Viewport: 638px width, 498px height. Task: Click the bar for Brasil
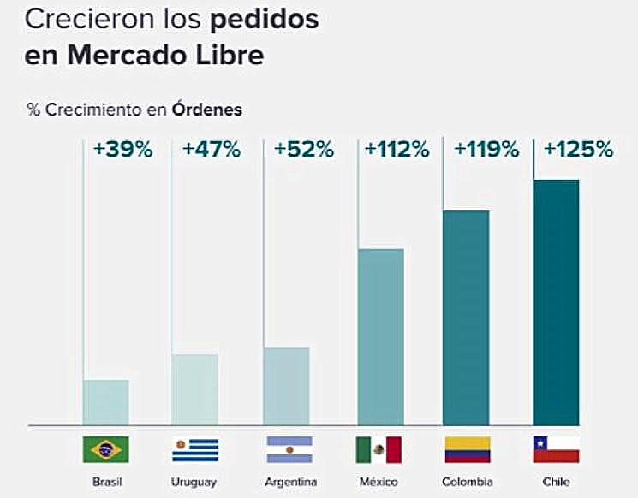(106, 402)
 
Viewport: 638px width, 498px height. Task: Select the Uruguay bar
(195, 389)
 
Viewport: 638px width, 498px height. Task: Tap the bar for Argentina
(286, 386)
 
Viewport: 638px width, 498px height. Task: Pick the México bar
(379, 336)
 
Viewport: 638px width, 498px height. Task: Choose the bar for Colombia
(466, 317)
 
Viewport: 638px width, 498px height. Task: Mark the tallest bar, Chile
(556, 302)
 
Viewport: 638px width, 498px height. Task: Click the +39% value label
(122, 149)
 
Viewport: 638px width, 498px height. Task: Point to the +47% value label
(212, 149)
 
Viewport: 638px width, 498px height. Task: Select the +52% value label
(303, 149)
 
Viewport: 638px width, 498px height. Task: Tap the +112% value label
(397, 149)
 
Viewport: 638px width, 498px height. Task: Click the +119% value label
(486, 149)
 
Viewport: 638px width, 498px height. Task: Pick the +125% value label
(579, 149)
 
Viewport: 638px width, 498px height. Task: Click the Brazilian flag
(105, 449)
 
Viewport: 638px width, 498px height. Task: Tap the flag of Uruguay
(195, 449)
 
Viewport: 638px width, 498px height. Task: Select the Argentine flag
(289, 449)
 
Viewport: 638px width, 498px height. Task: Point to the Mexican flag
(379, 449)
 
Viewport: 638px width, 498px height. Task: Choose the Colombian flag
(468, 449)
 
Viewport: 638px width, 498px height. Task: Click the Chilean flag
(557, 449)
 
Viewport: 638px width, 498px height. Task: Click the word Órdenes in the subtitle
(206, 110)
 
